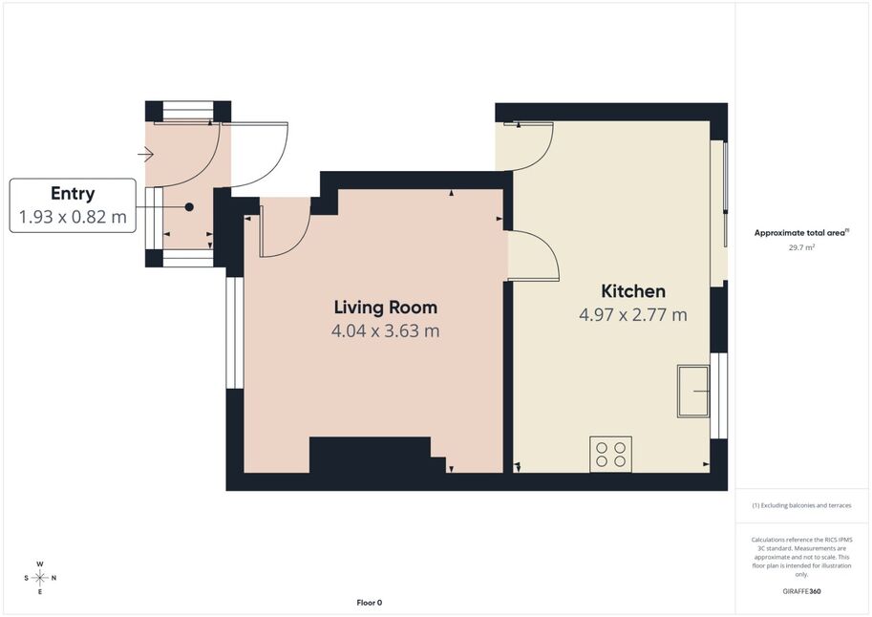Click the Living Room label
386,308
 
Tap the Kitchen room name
633,291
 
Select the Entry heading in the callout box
73,194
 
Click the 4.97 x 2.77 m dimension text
633,315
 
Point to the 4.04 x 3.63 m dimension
386,331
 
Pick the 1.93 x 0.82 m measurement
73,217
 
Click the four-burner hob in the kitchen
610,454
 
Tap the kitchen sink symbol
693,392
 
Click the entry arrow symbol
145,154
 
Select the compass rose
40,578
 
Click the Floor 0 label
370,603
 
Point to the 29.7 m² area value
801,247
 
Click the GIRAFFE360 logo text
801,591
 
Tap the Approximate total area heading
800,233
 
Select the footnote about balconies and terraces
801,505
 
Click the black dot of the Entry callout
189,207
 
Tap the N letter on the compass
53,578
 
